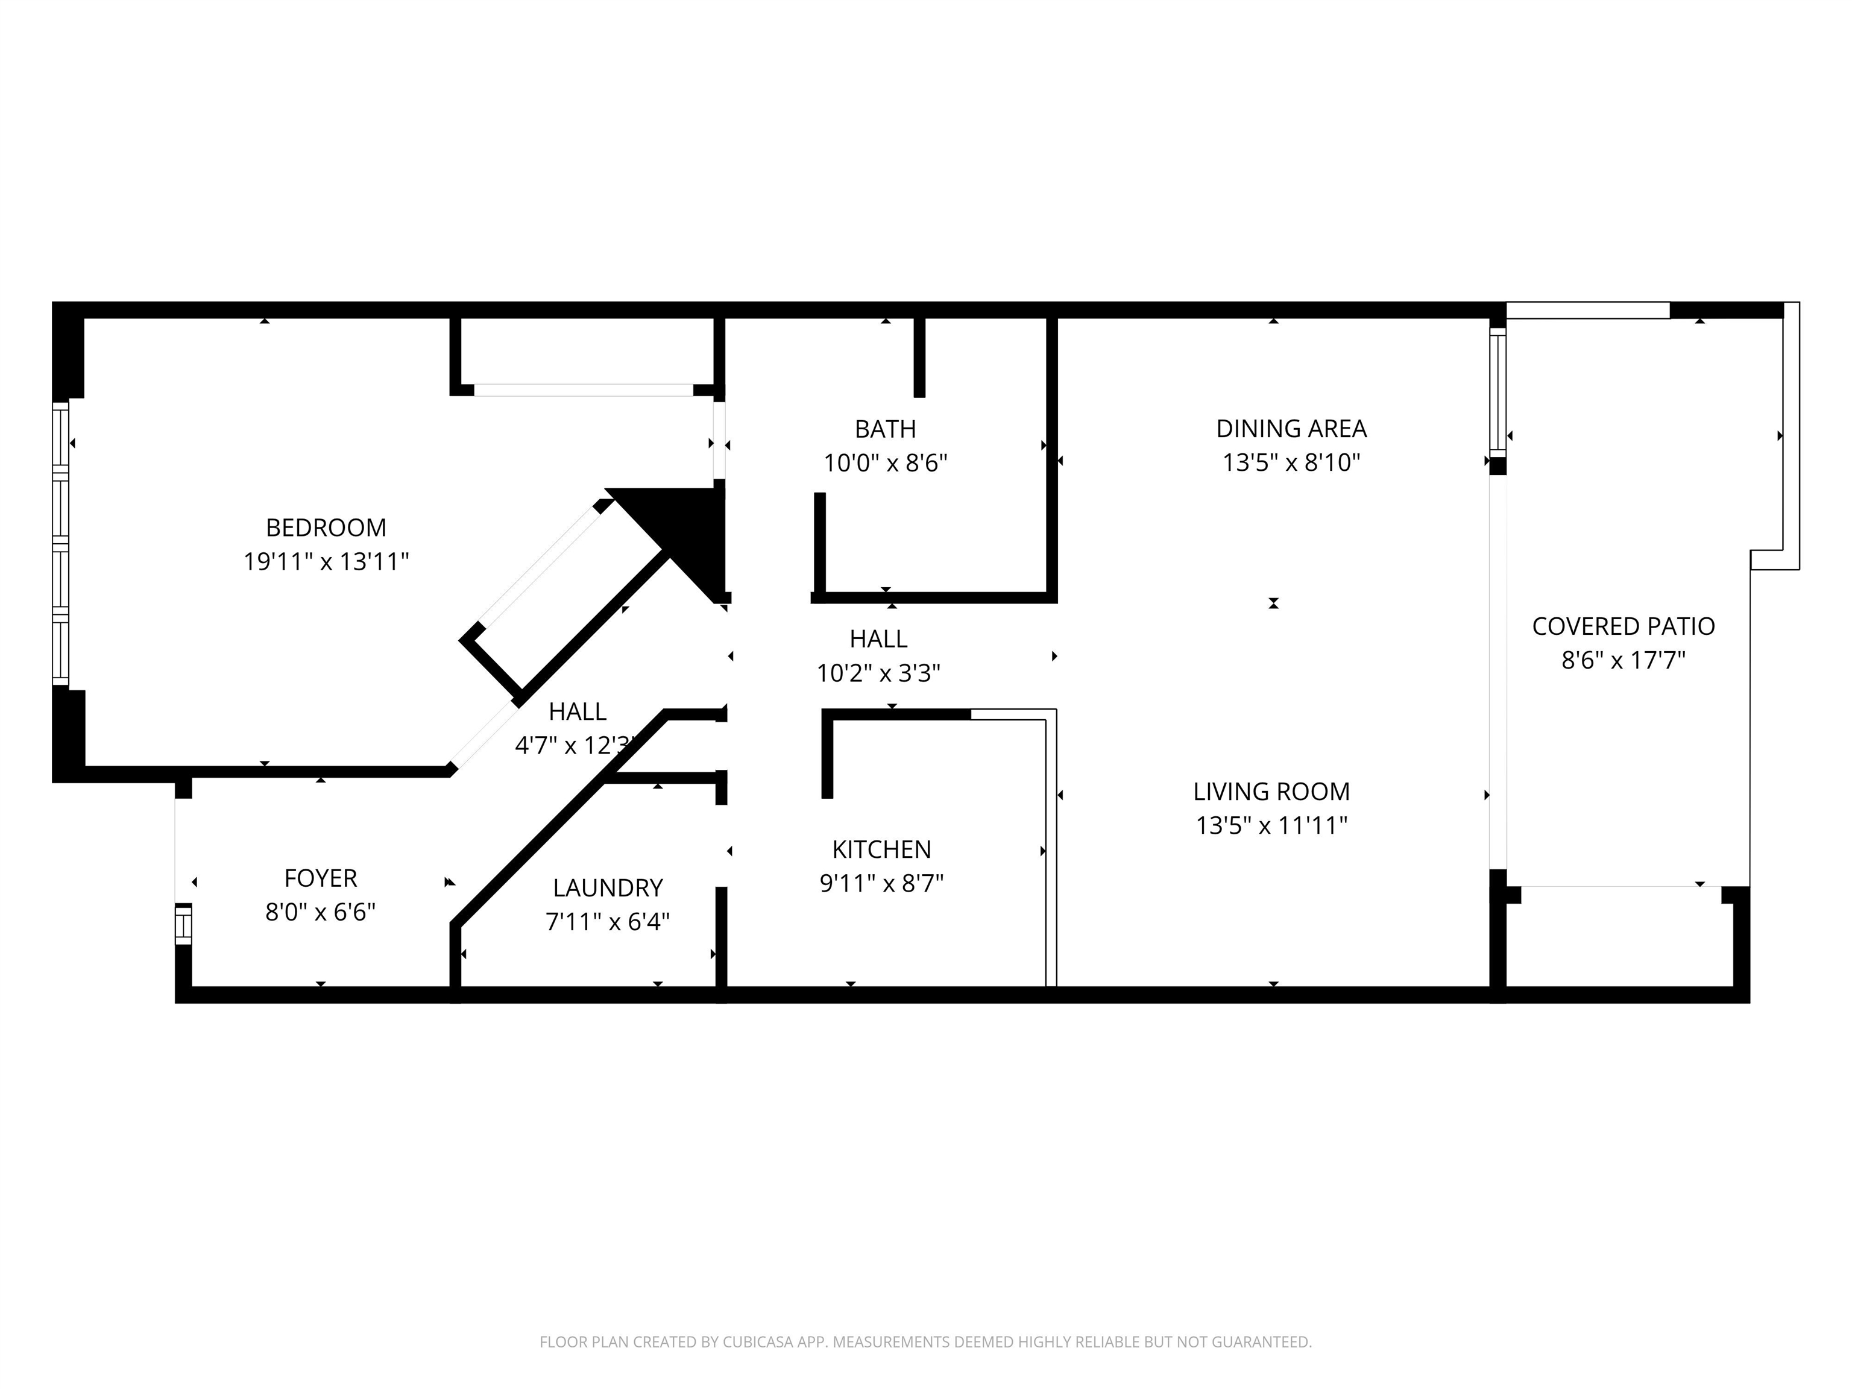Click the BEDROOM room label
click(326, 528)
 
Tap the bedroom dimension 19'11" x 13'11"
click(326, 561)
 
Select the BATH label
click(885, 429)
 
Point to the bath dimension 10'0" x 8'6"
click(885, 463)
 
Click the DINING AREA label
click(1291, 429)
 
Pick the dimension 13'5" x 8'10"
click(1291, 463)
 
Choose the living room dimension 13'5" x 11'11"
click(1271, 825)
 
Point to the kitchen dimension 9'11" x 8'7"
click(881, 883)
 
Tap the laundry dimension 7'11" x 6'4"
click(608, 922)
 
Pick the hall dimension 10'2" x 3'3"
click(878, 673)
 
